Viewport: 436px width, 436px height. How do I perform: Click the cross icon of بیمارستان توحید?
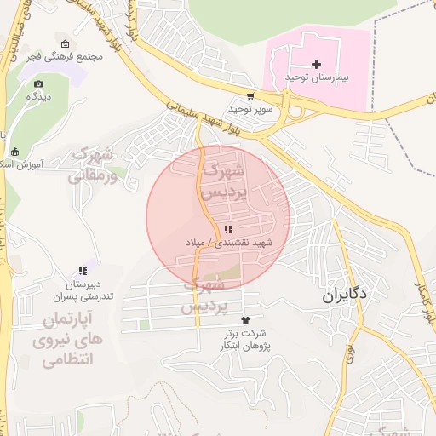point(316,64)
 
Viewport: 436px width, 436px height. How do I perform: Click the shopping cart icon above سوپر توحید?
point(250,96)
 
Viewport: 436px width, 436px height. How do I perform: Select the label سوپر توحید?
point(250,109)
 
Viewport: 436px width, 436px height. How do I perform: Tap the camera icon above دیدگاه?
point(38,83)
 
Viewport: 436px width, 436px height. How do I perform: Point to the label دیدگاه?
point(38,96)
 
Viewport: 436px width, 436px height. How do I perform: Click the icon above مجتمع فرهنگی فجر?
point(66,43)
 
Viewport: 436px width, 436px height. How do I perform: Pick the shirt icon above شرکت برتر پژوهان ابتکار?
point(247,320)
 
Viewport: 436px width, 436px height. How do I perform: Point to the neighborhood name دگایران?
point(345,296)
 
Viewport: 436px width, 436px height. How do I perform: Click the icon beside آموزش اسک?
point(14,153)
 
